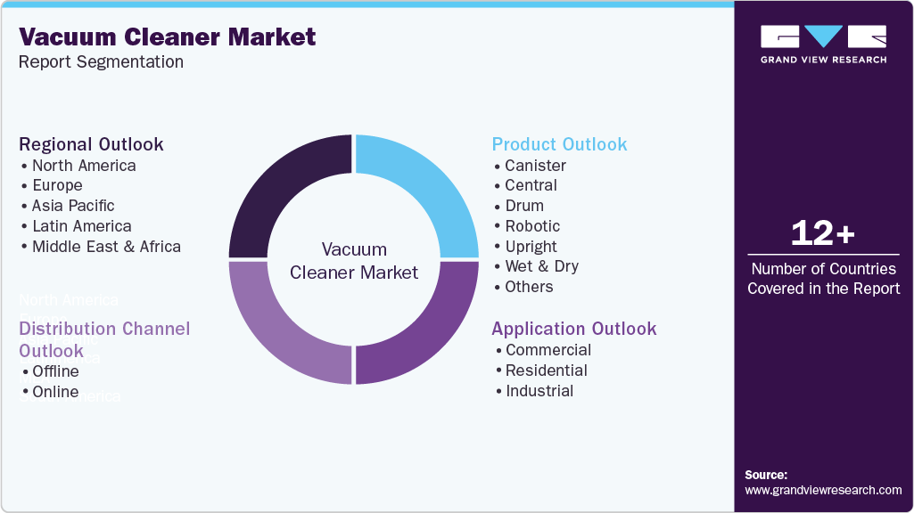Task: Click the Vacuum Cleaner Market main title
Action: pyautogui.click(x=167, y=37)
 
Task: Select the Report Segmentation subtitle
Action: pyautogui.click(x=101, y=62)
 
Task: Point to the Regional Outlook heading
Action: pyautogui.click(x=91, y=144)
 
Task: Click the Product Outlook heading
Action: pyautogui.click(x=559, y=144)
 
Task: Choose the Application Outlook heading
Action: pyautogui.click(x=573, y=329)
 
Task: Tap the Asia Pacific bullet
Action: pyautogui.click(x=73, y=206)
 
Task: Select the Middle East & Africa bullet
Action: pyautogui.click(x=106, y=247)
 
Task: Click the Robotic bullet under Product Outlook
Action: pyautogui.click(x=532, y=226)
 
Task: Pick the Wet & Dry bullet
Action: pyautogui.click(x=541, y=266)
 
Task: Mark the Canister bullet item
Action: pyautogui.click(x=535, y=166)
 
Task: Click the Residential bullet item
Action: pyautogui.click(x=546, y=370)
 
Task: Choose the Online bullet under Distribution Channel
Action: pyautogui.click(x=55, y=392)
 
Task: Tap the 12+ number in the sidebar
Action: pyautogui.click(x=822, y=233)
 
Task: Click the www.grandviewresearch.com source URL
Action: pyautogui.click(x=822, y=490)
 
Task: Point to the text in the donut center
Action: pyautogui.click(x=354, y=261)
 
